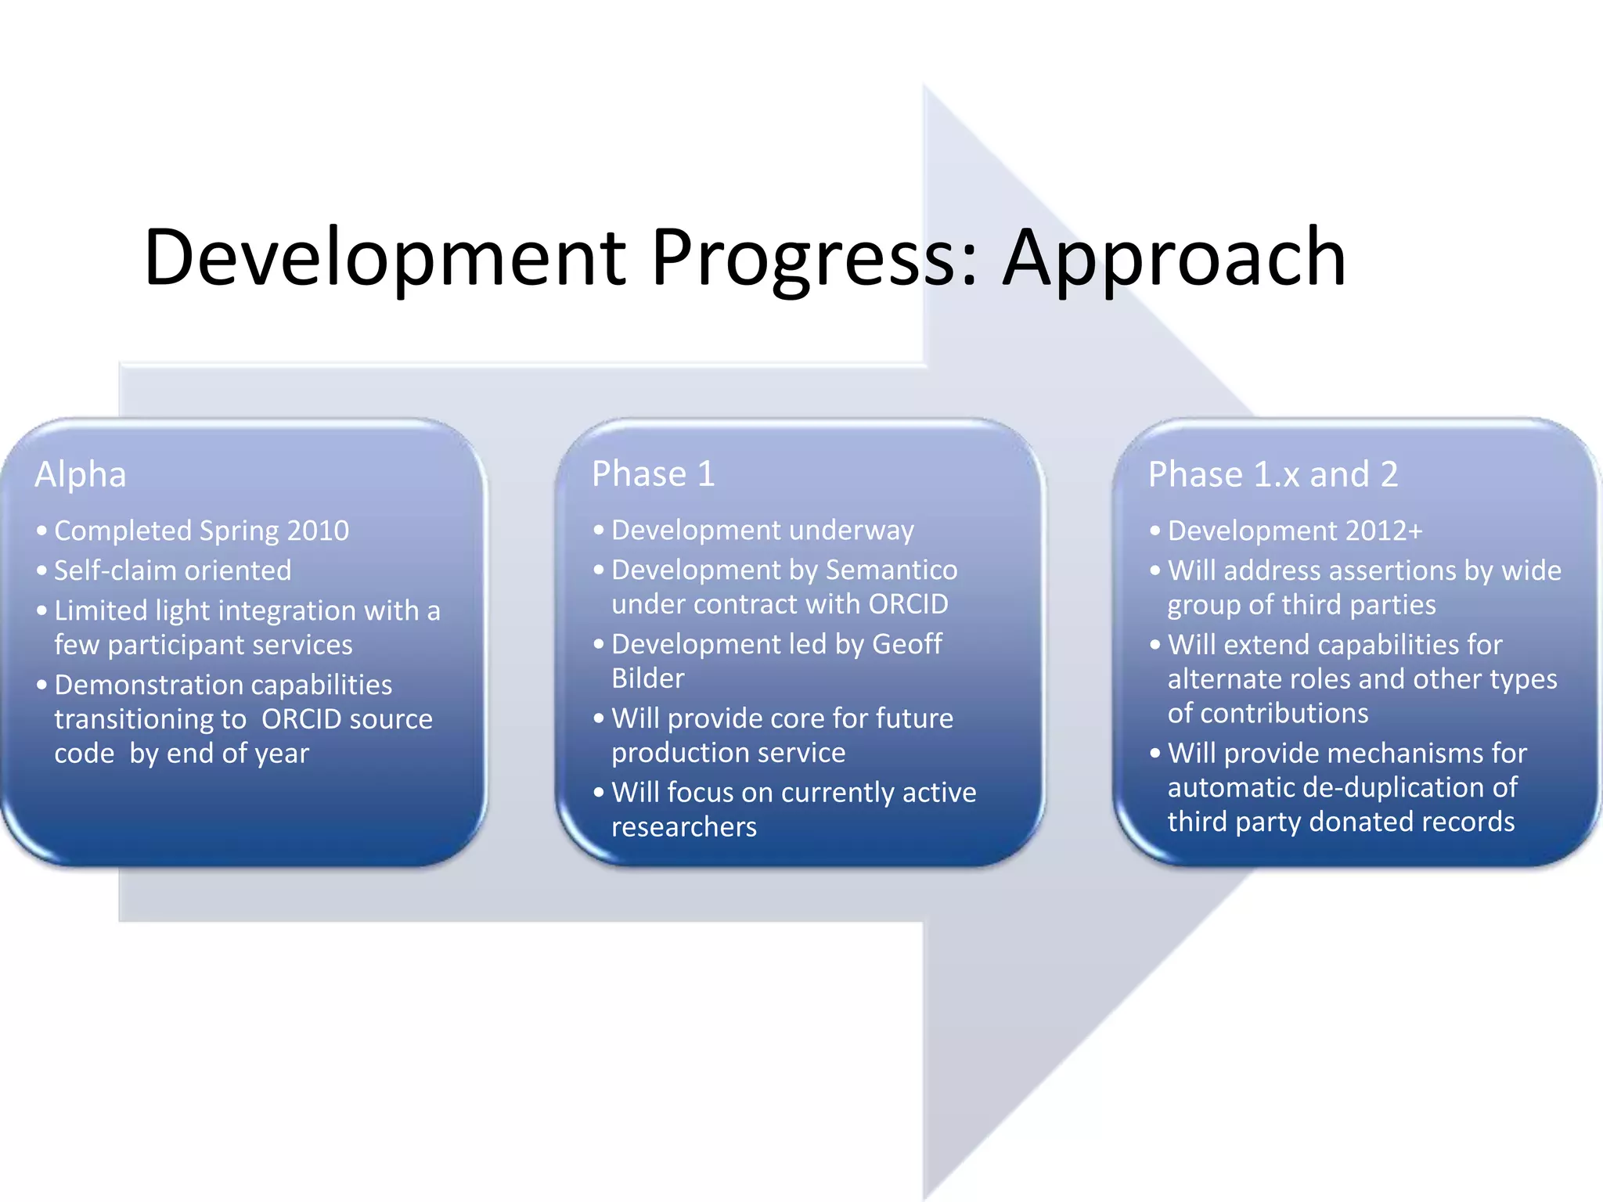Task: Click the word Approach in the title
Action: (1174, 258)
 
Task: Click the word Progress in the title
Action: (814, 258)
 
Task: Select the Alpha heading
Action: (80, 474)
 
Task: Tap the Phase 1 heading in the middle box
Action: (653, 473)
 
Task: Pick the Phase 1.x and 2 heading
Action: (1273, 474)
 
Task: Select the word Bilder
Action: (647, 678)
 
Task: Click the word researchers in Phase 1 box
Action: (683, 827)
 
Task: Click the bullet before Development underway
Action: (599, 531)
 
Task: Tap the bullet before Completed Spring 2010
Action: (41, 531)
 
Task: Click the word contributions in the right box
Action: (1267, 714)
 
